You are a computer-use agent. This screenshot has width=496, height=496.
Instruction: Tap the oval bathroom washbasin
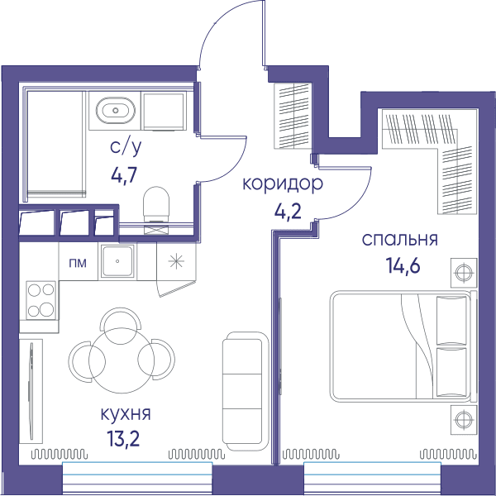coord(116,111)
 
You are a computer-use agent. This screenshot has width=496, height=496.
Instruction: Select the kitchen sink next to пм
coord(117,261)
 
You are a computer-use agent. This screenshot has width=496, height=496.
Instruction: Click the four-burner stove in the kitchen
coord(41,300)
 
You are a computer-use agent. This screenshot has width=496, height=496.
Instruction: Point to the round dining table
coord(122,360)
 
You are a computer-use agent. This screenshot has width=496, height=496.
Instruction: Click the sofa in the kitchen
coord(244,392)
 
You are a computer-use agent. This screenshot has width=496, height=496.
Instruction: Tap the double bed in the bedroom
coord(403,346)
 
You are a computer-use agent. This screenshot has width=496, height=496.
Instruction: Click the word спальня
coord(400,240)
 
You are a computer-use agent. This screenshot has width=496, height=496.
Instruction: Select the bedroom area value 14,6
coord(403,265)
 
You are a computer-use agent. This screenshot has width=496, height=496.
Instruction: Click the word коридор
coord(283,184)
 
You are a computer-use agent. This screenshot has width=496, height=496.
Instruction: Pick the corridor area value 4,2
coord(287,212)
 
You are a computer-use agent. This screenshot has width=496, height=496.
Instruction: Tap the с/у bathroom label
coord(126,147)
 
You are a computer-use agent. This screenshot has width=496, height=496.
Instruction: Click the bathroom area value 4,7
coord(124,174)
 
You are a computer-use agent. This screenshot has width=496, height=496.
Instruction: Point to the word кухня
coord(126,414)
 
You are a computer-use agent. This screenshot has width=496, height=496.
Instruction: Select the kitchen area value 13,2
coord(123,439)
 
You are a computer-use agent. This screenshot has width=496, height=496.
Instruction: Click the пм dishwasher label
coord(78,263)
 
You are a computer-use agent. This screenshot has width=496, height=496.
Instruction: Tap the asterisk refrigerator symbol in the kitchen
coord(176,261)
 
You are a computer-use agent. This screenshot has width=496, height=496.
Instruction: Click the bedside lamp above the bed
coord(464,272)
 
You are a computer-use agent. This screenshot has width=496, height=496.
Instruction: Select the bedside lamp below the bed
coord(464,420)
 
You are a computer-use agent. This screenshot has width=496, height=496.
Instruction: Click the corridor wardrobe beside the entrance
coord(293,116)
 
